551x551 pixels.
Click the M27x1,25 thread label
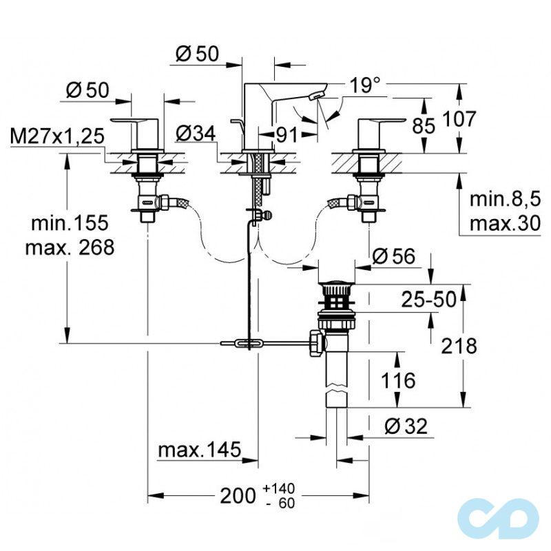[x=57, y=136]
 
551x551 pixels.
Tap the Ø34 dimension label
[x=196, y=134]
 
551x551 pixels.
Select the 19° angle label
[x=365, y=85]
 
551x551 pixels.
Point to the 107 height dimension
[x=459, y=118]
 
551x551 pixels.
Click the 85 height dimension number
[x=424, y=125]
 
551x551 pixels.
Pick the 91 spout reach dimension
[x=287, y=134]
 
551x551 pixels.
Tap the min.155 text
[x=70, y=222]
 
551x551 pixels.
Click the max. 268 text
[x=70, y=247]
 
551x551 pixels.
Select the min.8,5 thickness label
[x=505, y=199]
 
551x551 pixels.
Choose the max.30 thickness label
[x=505, y=223]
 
